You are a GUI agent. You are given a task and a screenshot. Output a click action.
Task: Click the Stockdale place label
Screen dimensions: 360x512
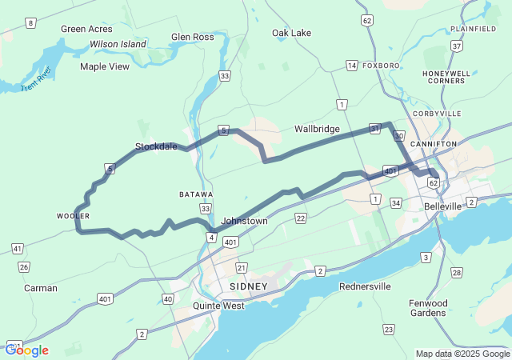pos(155,146)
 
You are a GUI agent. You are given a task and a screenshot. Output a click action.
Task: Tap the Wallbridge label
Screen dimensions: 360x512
pos(317,129)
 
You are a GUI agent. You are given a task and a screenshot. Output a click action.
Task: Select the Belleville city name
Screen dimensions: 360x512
pos(442,206)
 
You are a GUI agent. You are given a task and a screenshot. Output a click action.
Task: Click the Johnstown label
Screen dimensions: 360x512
pos(244,220)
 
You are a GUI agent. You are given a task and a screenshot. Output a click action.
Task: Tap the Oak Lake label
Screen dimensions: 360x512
pos(291,33)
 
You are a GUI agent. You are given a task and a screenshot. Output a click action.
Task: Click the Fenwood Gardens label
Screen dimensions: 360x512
pos(426,307)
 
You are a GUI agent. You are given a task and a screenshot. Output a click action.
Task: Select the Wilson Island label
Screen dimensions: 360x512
pos(118,44)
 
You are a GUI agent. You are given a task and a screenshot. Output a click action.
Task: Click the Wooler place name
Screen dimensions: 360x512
pos(73,216)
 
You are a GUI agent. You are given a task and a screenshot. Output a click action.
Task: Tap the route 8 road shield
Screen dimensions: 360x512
pos(30,23)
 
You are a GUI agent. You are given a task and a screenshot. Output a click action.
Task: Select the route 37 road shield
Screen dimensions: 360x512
pos(457,46)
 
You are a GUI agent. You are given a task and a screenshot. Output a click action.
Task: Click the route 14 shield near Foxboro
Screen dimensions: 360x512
pos(351,65)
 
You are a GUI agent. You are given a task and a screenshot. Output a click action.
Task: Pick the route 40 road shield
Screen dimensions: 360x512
pos(167,298)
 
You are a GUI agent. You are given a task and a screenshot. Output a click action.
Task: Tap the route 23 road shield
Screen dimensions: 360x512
pos(388,329)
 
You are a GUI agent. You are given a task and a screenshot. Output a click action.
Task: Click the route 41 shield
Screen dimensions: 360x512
pos(17,249)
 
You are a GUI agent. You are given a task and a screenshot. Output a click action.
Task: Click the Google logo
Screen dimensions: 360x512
pos(26,350)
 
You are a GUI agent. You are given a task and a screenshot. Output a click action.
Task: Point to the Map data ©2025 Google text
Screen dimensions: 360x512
pos(462,354)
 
